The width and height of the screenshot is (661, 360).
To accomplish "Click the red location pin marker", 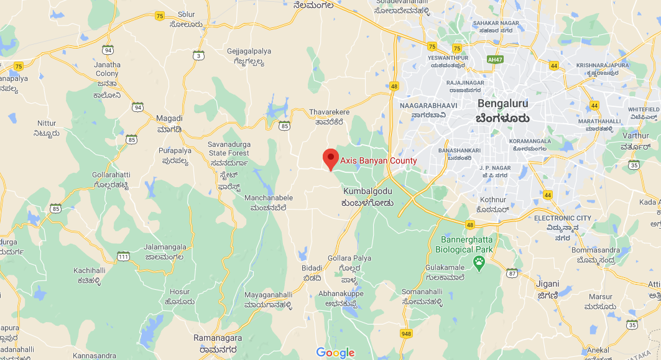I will pos(331,159).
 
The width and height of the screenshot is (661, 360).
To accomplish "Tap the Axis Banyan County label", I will pos(378,161).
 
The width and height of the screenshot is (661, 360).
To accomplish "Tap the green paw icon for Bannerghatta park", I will pos(479,262).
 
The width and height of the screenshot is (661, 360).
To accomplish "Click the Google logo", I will pos(335,353).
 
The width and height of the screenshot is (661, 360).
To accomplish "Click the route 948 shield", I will pos(406,334).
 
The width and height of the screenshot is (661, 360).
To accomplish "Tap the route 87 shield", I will pos(512,273).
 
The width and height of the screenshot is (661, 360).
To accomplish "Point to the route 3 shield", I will pos(198,56).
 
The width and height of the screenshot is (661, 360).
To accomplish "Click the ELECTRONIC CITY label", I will pos(563,218).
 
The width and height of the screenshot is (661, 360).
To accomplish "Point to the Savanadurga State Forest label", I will pos(228,149).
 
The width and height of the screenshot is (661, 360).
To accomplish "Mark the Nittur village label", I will pos(47,123).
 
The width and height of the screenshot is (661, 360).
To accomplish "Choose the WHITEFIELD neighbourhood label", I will pos(644,109).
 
